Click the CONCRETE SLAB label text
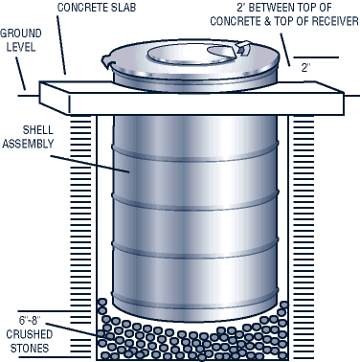97,8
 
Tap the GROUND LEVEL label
21,40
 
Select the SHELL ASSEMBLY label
29,137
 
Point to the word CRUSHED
30,334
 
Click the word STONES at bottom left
30,348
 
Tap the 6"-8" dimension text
31,320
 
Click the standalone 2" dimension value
306,68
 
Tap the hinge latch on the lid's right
243,47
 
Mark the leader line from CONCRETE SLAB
61,45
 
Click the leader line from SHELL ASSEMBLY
90,164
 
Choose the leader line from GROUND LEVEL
20,74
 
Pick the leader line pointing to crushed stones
76,328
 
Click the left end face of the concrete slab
55,98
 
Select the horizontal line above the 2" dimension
316,57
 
